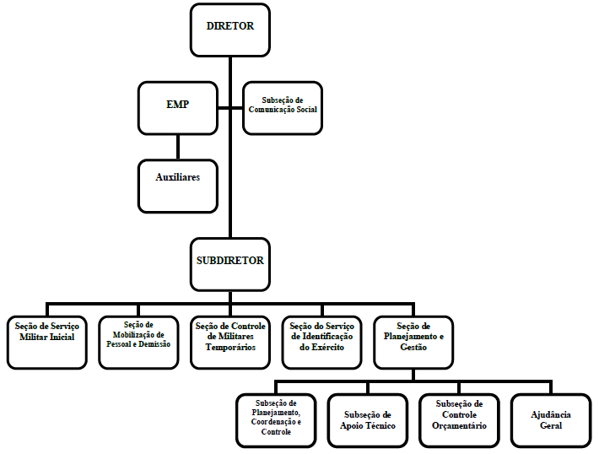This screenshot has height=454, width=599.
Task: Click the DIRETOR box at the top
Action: tap(230, 30)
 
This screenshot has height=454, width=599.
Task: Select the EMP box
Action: tap(178, 108)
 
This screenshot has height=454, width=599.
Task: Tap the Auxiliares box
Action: tap(178, 186)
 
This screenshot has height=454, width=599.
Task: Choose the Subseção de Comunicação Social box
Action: tap(283, 108)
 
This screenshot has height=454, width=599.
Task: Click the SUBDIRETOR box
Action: tap(230, 264)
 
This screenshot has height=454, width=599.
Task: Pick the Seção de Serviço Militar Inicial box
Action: tap(47, 343)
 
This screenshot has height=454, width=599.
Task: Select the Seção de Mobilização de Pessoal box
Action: tap(138, 343)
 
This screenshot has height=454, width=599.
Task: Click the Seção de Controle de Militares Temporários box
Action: tap(230, 343)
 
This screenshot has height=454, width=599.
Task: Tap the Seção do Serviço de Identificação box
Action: tap(322, 343)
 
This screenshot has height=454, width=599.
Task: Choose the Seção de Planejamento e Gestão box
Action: tap(413, 343)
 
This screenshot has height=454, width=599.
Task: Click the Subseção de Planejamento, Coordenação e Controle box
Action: tap(276, 420)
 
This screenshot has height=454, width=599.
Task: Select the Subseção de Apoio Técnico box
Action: tap(368, 420)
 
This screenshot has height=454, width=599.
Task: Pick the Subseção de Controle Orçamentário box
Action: tap(460, 420)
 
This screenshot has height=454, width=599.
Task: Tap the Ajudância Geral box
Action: tap(551, 420)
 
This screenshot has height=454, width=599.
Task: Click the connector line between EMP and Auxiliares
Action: tap(178, 147)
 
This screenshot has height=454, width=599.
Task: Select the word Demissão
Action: tap(154, 344)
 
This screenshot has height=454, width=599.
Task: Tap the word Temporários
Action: tap(230, 348)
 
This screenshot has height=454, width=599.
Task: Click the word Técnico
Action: tap(381, 425)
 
